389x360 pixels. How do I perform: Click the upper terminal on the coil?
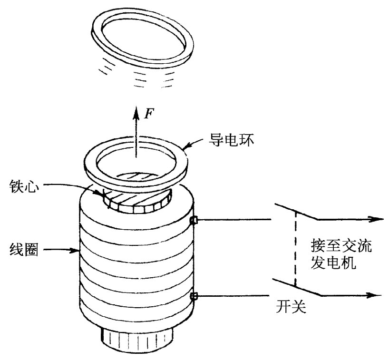point(194,220)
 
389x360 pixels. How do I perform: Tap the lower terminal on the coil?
point(194,296)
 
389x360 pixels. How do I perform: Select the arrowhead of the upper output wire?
point(376,219)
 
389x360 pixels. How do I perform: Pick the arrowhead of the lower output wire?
point(376,295)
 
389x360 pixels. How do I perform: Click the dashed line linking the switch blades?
point(295,250)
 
